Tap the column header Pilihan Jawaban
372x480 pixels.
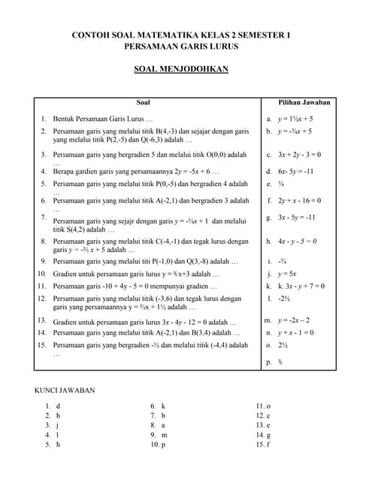point(304,102)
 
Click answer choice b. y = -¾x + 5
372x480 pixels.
point(289,131)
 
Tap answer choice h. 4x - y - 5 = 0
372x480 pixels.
point(291,241)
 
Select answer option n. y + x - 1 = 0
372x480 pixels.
point(289,332)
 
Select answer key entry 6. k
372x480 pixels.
point(158,406)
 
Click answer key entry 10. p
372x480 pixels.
point(158,445)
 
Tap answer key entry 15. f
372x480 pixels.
point(263,445)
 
